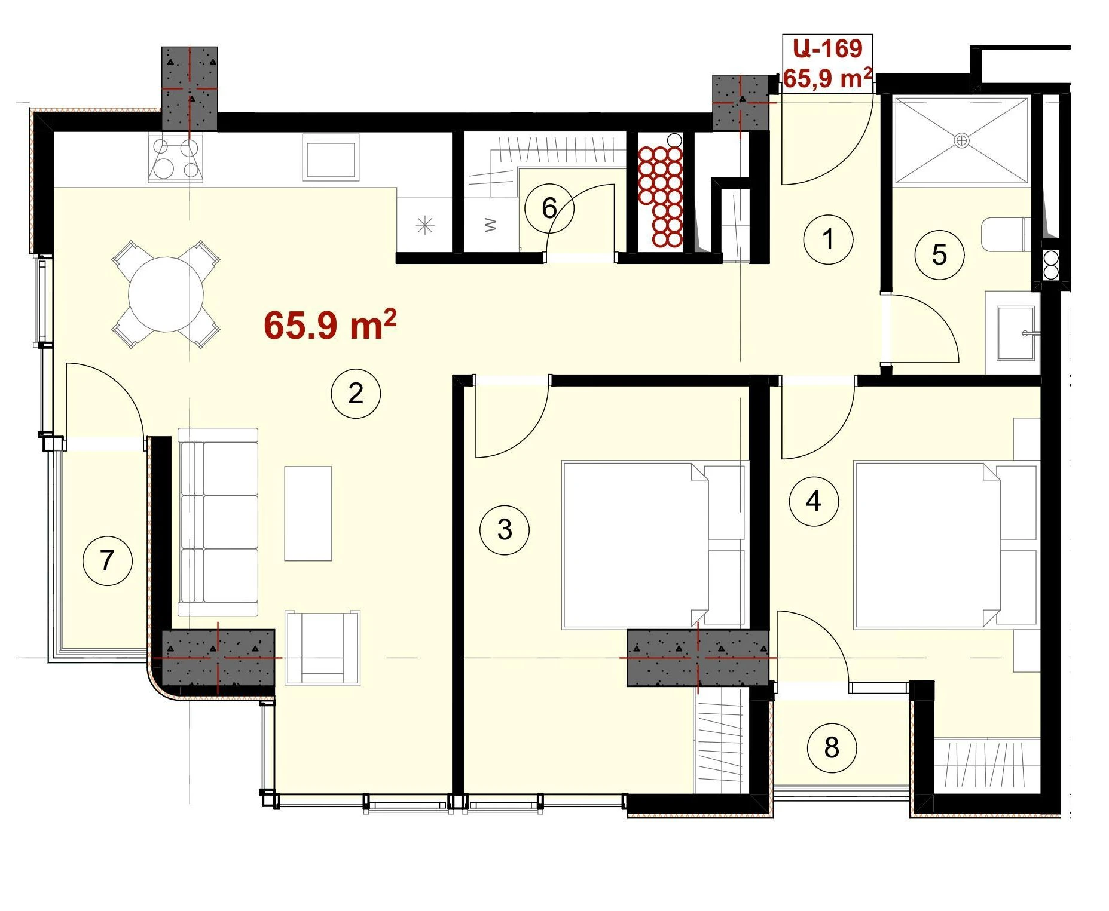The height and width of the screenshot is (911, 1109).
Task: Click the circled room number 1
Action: (x=828, y=240)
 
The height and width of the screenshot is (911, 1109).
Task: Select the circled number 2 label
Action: (x=356, y=393)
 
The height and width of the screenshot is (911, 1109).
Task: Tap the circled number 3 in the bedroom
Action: (x=505, y=529)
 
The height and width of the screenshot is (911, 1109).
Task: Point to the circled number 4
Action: (x=814, y=501)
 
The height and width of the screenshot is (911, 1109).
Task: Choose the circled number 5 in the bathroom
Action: (x=939, y=255)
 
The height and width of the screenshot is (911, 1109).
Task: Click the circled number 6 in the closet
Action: (x=549, y=208)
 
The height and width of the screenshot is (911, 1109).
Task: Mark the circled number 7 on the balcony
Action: (x=107, y=560)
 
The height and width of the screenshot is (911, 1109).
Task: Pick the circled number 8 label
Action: (x=832, y=747)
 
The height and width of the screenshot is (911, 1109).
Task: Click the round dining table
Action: (x=166, y=294)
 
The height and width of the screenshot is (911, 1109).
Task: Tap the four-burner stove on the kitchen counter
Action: (x=176, y=158)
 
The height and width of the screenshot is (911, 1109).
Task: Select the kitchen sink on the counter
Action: (x=330, y=157)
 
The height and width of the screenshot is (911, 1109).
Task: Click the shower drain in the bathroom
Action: (x=961, y=141)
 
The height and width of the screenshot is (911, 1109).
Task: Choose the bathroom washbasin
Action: (x=1016, y=333)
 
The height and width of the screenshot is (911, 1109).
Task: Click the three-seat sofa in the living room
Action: (x=218, y=522)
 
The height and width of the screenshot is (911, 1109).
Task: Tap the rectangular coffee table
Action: (x=308, y=514)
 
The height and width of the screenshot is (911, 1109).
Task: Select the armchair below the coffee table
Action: (x=323, y=648)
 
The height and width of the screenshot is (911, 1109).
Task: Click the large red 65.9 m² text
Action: (x=330, y=324)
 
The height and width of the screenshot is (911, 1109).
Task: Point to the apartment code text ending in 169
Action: (x=828, y=48)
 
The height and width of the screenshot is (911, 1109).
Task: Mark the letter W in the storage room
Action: (x=490, y=225)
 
